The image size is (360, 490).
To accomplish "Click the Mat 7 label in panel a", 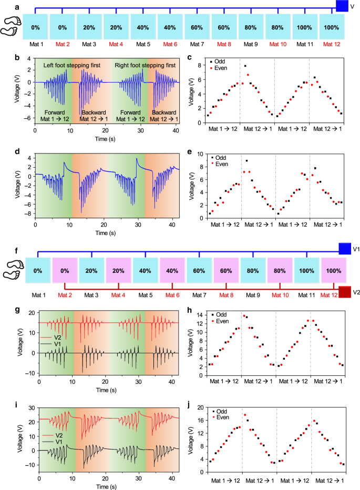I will [197, 45].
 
